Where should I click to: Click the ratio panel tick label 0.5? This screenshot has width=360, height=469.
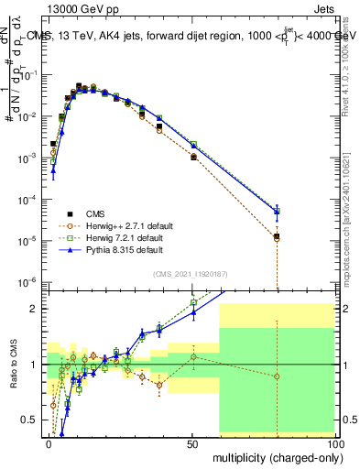(29, 420)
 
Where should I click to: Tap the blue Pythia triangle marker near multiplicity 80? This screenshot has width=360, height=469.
(278, 212)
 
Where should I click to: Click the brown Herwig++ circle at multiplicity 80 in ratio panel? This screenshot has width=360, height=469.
(278, 376)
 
